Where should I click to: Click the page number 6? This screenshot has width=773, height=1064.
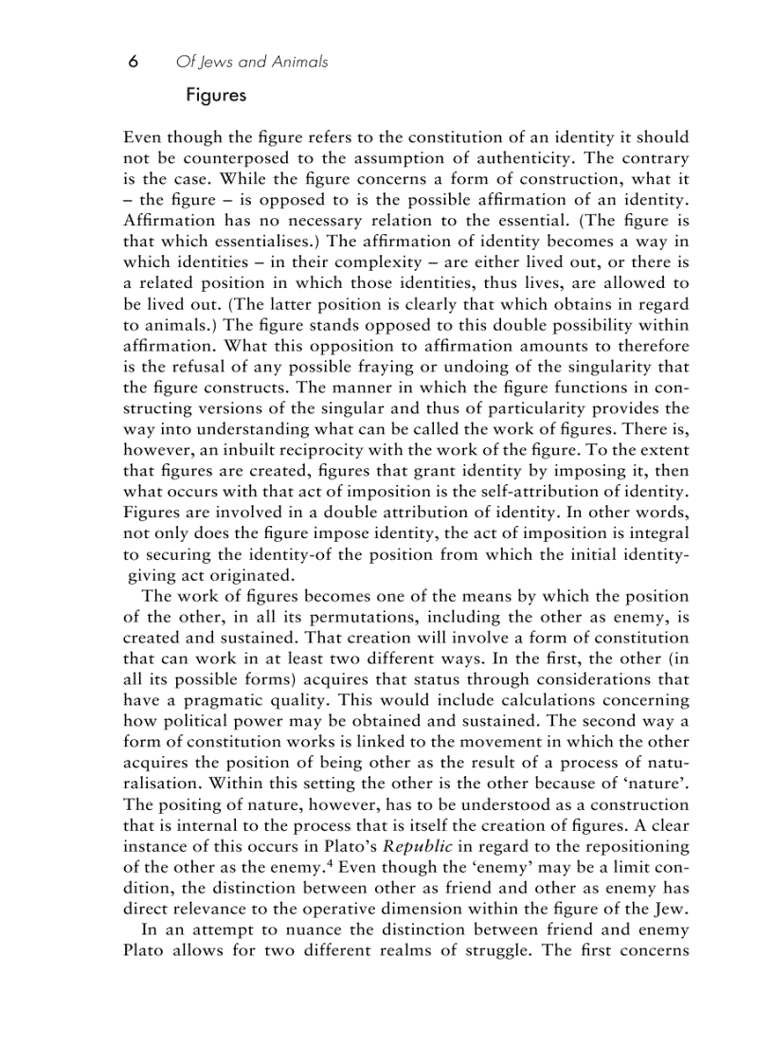coord(134,62)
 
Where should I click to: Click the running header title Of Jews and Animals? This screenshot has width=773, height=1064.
coord(252,62)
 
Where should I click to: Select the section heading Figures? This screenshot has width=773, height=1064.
coord(216,96)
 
